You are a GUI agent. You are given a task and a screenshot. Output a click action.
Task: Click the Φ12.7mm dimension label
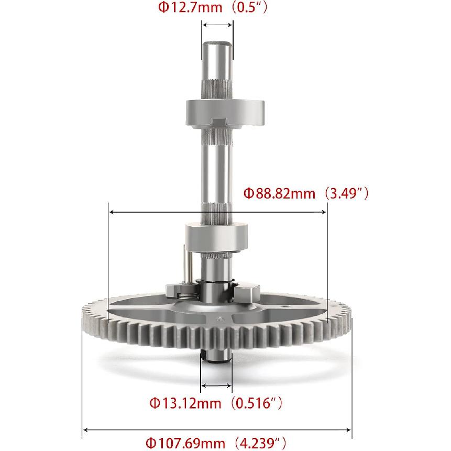181,8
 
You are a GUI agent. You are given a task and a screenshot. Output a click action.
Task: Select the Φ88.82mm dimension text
280,194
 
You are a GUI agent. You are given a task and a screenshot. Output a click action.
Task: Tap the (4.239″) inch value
259,443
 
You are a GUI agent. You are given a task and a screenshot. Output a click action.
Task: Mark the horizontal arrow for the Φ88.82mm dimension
217,212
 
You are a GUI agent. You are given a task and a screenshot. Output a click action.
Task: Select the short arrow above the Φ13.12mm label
216,386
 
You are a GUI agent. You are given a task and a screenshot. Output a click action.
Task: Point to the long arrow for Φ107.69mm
217,431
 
